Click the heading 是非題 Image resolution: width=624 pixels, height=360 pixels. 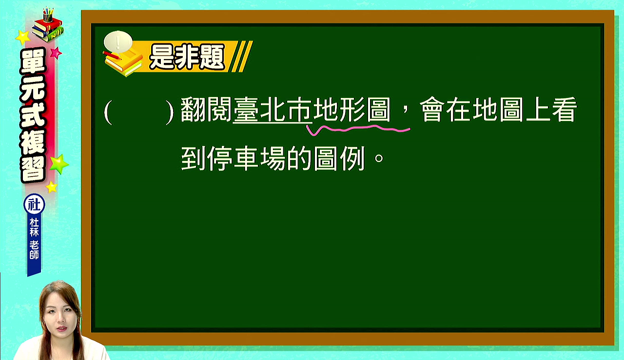pos(187,57)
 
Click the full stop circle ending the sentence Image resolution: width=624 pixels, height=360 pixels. pos(379,158)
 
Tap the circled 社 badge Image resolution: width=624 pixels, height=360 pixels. pos(34,205)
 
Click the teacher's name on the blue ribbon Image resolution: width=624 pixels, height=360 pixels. pos(34,239)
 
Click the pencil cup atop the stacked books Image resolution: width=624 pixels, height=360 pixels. pos(48,16)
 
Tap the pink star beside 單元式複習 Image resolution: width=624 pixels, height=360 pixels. pos(56,53)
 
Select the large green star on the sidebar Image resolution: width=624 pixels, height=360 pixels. pos(59,164)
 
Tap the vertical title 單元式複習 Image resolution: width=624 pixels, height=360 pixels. pos(33,115)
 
